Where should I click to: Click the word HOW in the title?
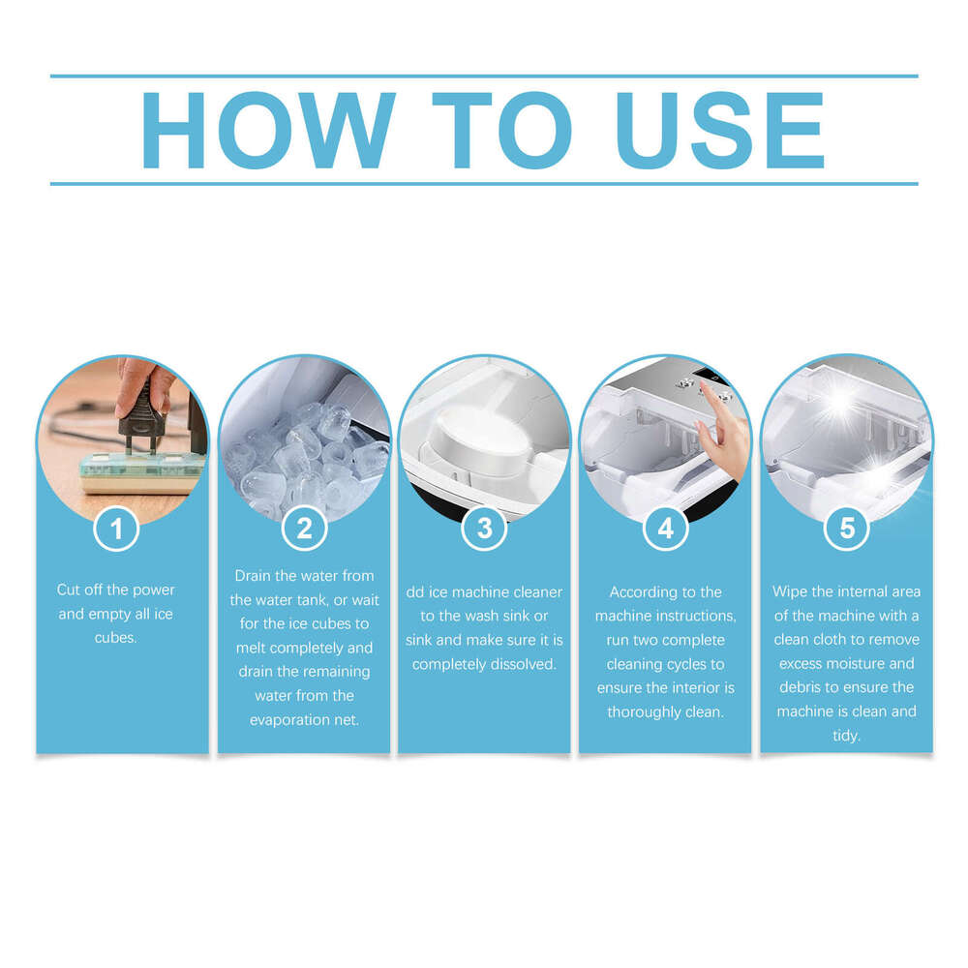267,131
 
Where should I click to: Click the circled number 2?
304,529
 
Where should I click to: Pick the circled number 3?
484,529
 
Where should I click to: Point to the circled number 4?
665,529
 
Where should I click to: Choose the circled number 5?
846,529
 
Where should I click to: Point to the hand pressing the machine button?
721,426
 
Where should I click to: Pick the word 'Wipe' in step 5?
790,591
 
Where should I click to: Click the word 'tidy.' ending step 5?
846,736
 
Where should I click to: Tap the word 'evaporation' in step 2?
288,720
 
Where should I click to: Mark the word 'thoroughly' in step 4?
644,712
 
